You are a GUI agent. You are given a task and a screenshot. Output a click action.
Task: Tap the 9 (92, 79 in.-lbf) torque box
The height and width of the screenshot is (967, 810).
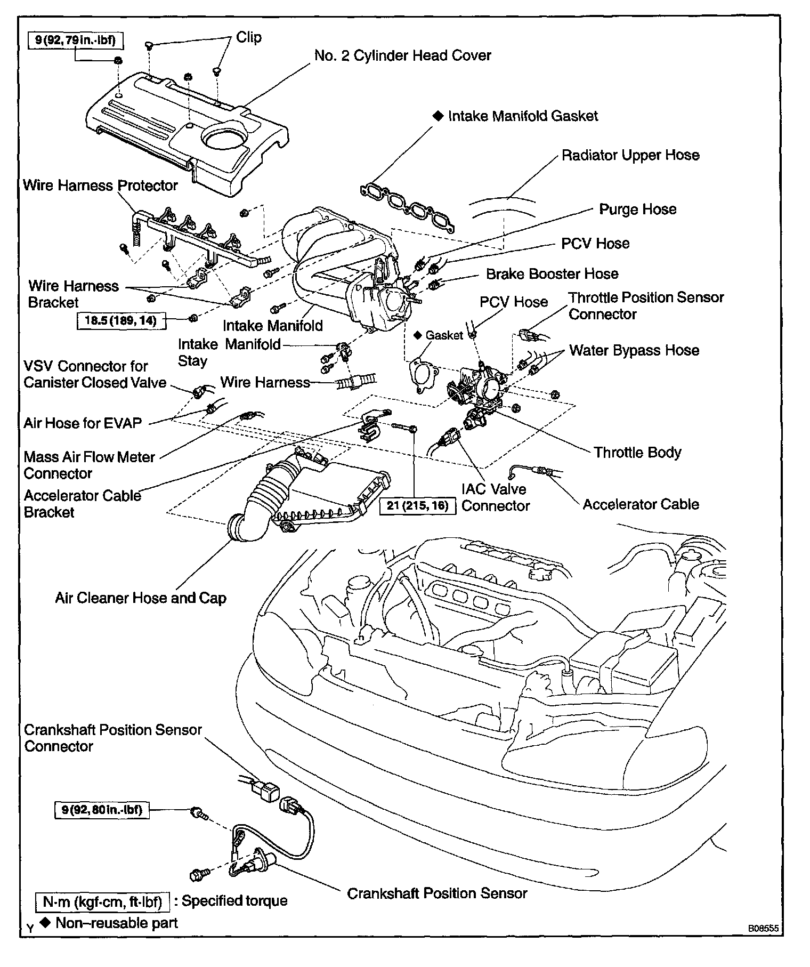[x=75, y=40]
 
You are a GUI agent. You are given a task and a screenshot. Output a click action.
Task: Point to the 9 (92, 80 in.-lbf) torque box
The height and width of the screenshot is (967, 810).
[x=102, y=810]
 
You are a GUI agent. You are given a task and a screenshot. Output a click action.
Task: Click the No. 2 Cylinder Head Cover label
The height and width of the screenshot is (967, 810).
[x=402, y=55]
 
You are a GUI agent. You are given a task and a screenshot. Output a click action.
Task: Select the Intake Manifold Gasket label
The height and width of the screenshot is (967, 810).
[x=523, y=116]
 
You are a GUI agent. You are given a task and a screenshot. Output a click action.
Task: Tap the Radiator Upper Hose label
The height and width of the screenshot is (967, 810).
[x=630, y=155]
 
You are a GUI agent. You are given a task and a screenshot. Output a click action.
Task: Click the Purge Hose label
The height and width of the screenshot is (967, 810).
[x=637, y=209]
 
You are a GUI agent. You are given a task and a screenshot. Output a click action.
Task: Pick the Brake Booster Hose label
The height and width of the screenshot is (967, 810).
[x=552, y=274]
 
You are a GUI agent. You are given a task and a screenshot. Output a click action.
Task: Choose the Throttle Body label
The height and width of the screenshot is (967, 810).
[x=637, y=453]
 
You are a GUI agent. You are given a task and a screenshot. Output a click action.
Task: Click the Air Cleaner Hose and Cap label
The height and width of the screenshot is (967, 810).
[x=141, y=598]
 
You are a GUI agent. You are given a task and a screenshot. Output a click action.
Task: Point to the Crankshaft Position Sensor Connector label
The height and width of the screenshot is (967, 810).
[x=113, y=738]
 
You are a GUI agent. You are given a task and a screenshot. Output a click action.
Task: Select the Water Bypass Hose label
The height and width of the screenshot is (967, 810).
[x=634, y=350]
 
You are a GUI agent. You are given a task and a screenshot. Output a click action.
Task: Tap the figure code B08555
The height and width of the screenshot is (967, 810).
[x=763, y=928]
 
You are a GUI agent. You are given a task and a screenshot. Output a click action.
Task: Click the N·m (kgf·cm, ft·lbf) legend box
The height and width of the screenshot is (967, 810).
[x=102, y=901]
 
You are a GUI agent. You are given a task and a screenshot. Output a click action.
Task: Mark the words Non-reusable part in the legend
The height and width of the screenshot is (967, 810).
[x=116, y=923]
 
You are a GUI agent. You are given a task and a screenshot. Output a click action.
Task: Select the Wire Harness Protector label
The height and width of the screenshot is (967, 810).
[x=100, y=186]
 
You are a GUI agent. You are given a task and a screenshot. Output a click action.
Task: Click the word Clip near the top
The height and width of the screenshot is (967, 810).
[x=249, y=37]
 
